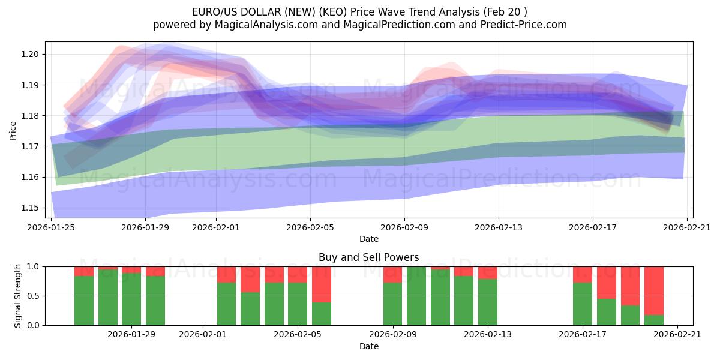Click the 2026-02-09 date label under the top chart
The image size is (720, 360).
point(404,227)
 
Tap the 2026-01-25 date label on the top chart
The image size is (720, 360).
point(51,227)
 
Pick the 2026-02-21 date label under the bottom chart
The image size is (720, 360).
point(677,335)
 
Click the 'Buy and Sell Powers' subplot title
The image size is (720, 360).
point(369,257)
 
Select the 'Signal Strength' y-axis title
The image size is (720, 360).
point(18,296)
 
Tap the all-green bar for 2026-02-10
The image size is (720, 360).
point(416,296)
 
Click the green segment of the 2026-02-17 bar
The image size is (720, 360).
point(583,304)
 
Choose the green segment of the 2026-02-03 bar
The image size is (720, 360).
point(250,309)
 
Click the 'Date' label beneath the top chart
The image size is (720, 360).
point(369,239)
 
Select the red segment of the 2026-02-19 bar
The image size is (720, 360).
point(630,286)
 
